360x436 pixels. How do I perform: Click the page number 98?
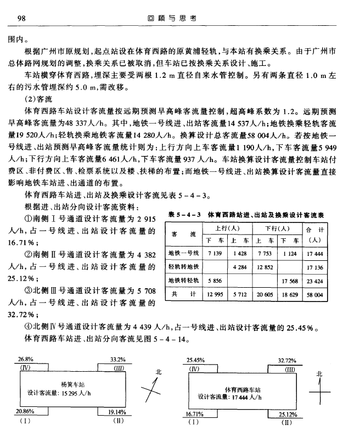(23, 18)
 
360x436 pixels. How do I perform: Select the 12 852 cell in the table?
(266, 267)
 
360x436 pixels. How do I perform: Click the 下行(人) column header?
(278, 227)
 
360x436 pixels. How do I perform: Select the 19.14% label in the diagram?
(117, 411)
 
